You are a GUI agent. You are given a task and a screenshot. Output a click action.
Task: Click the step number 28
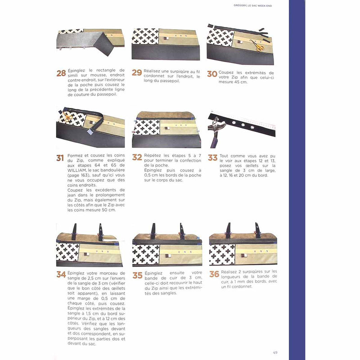[61, 73]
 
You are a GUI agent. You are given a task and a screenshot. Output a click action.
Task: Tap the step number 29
[137, 72]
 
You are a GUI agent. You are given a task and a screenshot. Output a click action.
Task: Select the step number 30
[212, 74]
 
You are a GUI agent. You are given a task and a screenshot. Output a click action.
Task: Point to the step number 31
[60, 158]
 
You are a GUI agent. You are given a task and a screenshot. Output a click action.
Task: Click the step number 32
[137, 157]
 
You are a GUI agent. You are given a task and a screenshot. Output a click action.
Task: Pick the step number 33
[212, 158]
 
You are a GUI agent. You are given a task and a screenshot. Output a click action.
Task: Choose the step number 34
[61, 274]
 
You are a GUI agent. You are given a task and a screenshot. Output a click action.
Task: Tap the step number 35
[138, 275]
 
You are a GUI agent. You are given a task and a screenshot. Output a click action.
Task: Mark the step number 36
[214, 274]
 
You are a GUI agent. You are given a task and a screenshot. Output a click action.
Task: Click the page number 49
[275, 352]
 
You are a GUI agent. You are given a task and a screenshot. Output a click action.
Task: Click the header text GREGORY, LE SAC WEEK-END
[252, 5]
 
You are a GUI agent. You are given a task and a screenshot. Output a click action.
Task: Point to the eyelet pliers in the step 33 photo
[217, 130]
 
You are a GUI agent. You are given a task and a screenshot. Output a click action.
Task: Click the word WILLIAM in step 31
[77, 170]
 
